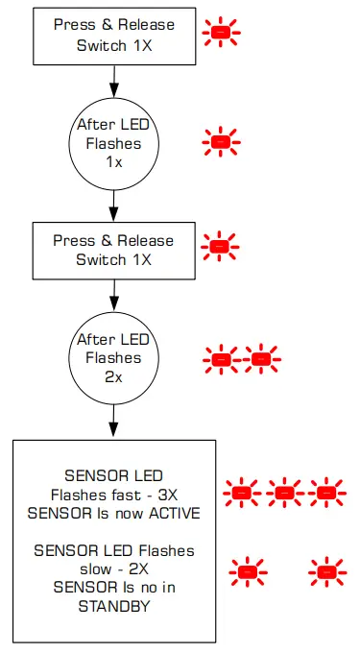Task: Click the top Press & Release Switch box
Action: pos(114,34)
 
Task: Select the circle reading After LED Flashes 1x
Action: pos(114,143)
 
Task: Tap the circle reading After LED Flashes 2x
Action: pos(114,357)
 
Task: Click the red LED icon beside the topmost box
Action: pos(221,33)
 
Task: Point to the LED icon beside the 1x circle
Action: pos(220,142)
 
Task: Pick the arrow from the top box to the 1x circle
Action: pos(114,78)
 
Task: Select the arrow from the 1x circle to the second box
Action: pos(114,205)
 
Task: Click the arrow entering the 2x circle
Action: pos(114,293)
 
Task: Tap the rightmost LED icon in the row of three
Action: pos(326,494)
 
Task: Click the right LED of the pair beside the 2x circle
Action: pos(260,359)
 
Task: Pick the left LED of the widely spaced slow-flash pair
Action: pos(248,572)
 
